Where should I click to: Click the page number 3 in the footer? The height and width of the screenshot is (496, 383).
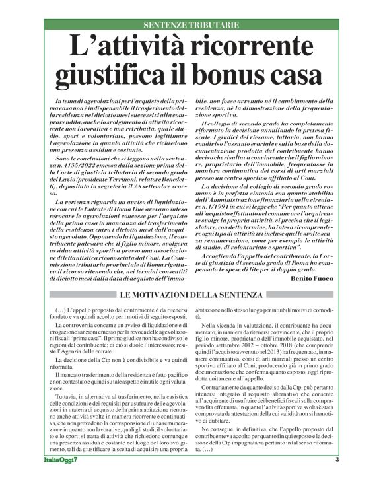pos(337,478)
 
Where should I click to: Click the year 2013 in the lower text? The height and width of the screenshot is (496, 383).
pos(275,367)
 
